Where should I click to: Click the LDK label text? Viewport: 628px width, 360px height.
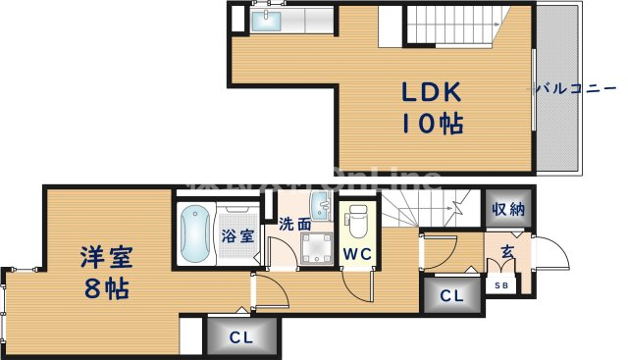point(430,92)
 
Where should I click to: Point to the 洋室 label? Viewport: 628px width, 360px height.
point(107,258)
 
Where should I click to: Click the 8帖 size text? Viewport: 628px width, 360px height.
point(105,290)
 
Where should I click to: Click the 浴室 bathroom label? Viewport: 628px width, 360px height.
point(236,235)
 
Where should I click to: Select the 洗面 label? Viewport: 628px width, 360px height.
point(294,223)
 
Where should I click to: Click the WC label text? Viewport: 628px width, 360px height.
point(356,254)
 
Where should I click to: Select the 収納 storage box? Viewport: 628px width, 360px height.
point(509,208)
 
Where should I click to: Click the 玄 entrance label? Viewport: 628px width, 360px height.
point(508,251)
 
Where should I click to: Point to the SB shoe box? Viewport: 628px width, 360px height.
point(501,285)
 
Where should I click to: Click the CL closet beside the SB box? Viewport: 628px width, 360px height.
point(452,294)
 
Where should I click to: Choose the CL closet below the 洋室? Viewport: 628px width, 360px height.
point(239,337)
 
